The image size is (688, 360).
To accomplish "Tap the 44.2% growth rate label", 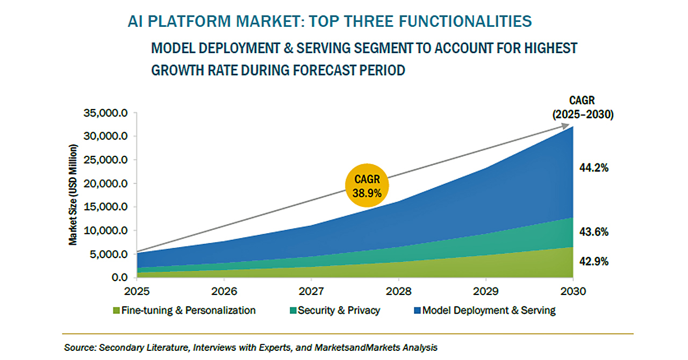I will point(593,168).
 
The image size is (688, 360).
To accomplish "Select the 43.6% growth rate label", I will point(593,232).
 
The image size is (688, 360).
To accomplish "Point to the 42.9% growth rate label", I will point(593,262).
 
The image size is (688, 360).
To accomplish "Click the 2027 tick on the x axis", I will point(311,291).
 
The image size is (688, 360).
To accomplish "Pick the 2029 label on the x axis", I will point(486,291).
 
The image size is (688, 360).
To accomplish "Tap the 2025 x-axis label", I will point(137,291).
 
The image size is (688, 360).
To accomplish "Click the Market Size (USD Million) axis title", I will point(73,195).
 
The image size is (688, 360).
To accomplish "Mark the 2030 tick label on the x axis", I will point(573,291).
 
